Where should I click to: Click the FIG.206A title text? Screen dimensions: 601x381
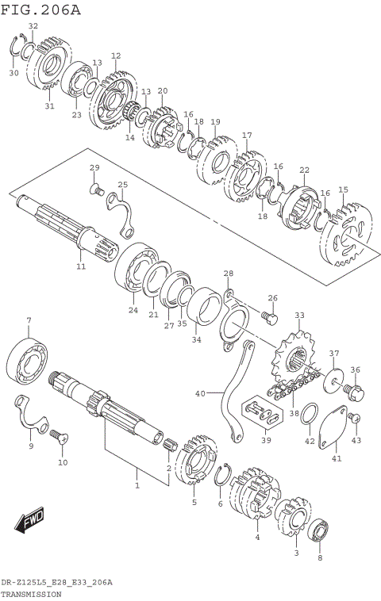40,10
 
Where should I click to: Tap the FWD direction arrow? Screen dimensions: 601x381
29,521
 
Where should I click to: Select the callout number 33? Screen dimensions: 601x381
299,316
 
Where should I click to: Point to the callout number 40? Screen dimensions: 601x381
199,392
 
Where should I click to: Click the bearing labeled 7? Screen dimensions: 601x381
29,361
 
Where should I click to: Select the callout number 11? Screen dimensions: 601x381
80,266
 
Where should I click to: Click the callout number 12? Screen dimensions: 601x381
116,56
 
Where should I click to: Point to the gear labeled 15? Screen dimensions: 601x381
346,235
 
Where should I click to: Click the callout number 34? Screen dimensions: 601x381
196,340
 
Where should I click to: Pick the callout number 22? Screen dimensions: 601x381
304,170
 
